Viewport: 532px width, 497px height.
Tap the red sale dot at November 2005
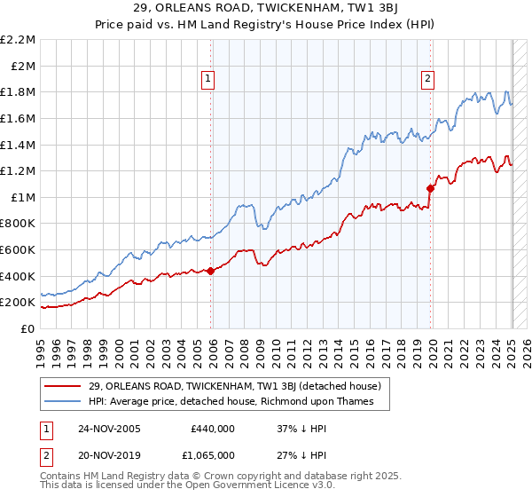click(x=211, y=272)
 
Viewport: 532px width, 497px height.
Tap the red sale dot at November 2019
click(x=431, y=188)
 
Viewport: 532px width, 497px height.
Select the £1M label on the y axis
click(x=23, y=197)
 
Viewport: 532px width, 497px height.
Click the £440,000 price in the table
click(x=213, y=429)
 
